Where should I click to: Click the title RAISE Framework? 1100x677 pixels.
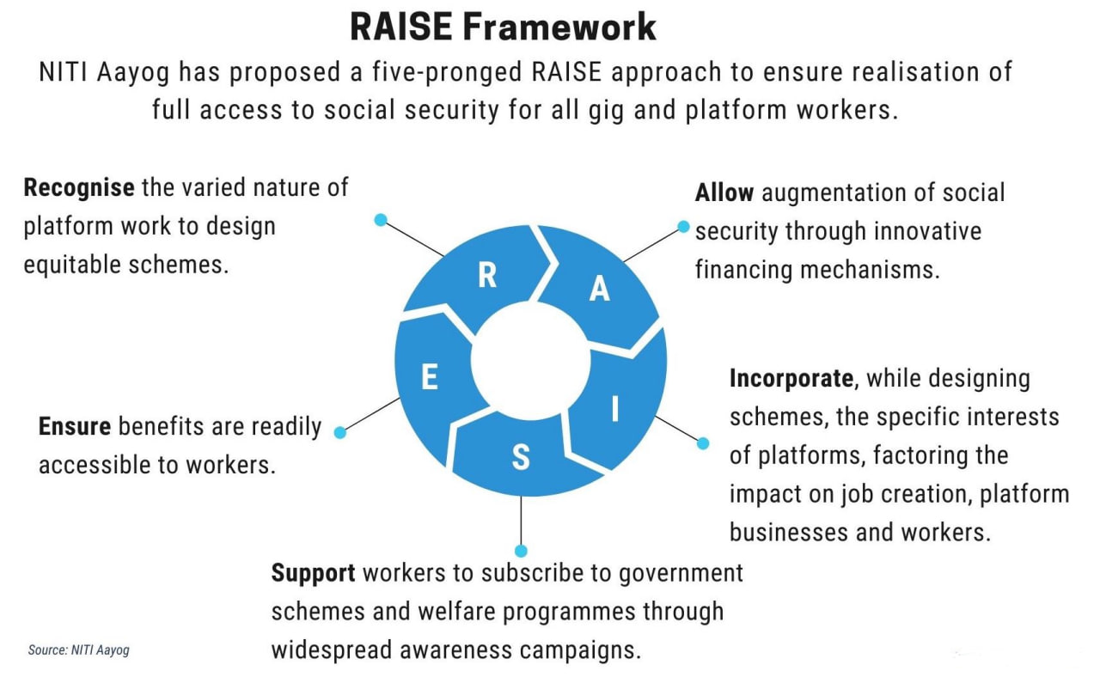(504, 27)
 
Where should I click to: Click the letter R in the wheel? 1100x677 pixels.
(487, 275)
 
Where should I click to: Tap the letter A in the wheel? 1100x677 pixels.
(600, 288)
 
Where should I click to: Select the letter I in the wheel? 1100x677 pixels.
(614, 408)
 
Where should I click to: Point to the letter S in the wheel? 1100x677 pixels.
(521, 457)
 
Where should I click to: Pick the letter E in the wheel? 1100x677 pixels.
(430, 377)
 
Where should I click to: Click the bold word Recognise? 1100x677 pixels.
(79, 188)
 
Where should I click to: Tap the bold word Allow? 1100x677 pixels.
(724, 192)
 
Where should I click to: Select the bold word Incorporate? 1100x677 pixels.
(791, 379)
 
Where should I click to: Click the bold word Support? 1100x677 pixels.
(314, 573)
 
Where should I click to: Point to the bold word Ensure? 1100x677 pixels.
(75, 426)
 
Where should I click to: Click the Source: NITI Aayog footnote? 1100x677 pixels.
(78, 650)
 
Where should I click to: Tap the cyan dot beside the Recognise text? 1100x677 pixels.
(381, 219)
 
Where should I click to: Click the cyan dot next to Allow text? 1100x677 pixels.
(683, 226)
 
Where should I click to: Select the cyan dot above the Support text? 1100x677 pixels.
(521, 551)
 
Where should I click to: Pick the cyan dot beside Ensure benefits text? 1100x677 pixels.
(339, 432)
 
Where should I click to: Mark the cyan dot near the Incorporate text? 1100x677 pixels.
(703, 443)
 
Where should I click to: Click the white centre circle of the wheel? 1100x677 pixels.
(530, 361)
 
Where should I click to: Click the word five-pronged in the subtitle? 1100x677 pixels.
(447, 72)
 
